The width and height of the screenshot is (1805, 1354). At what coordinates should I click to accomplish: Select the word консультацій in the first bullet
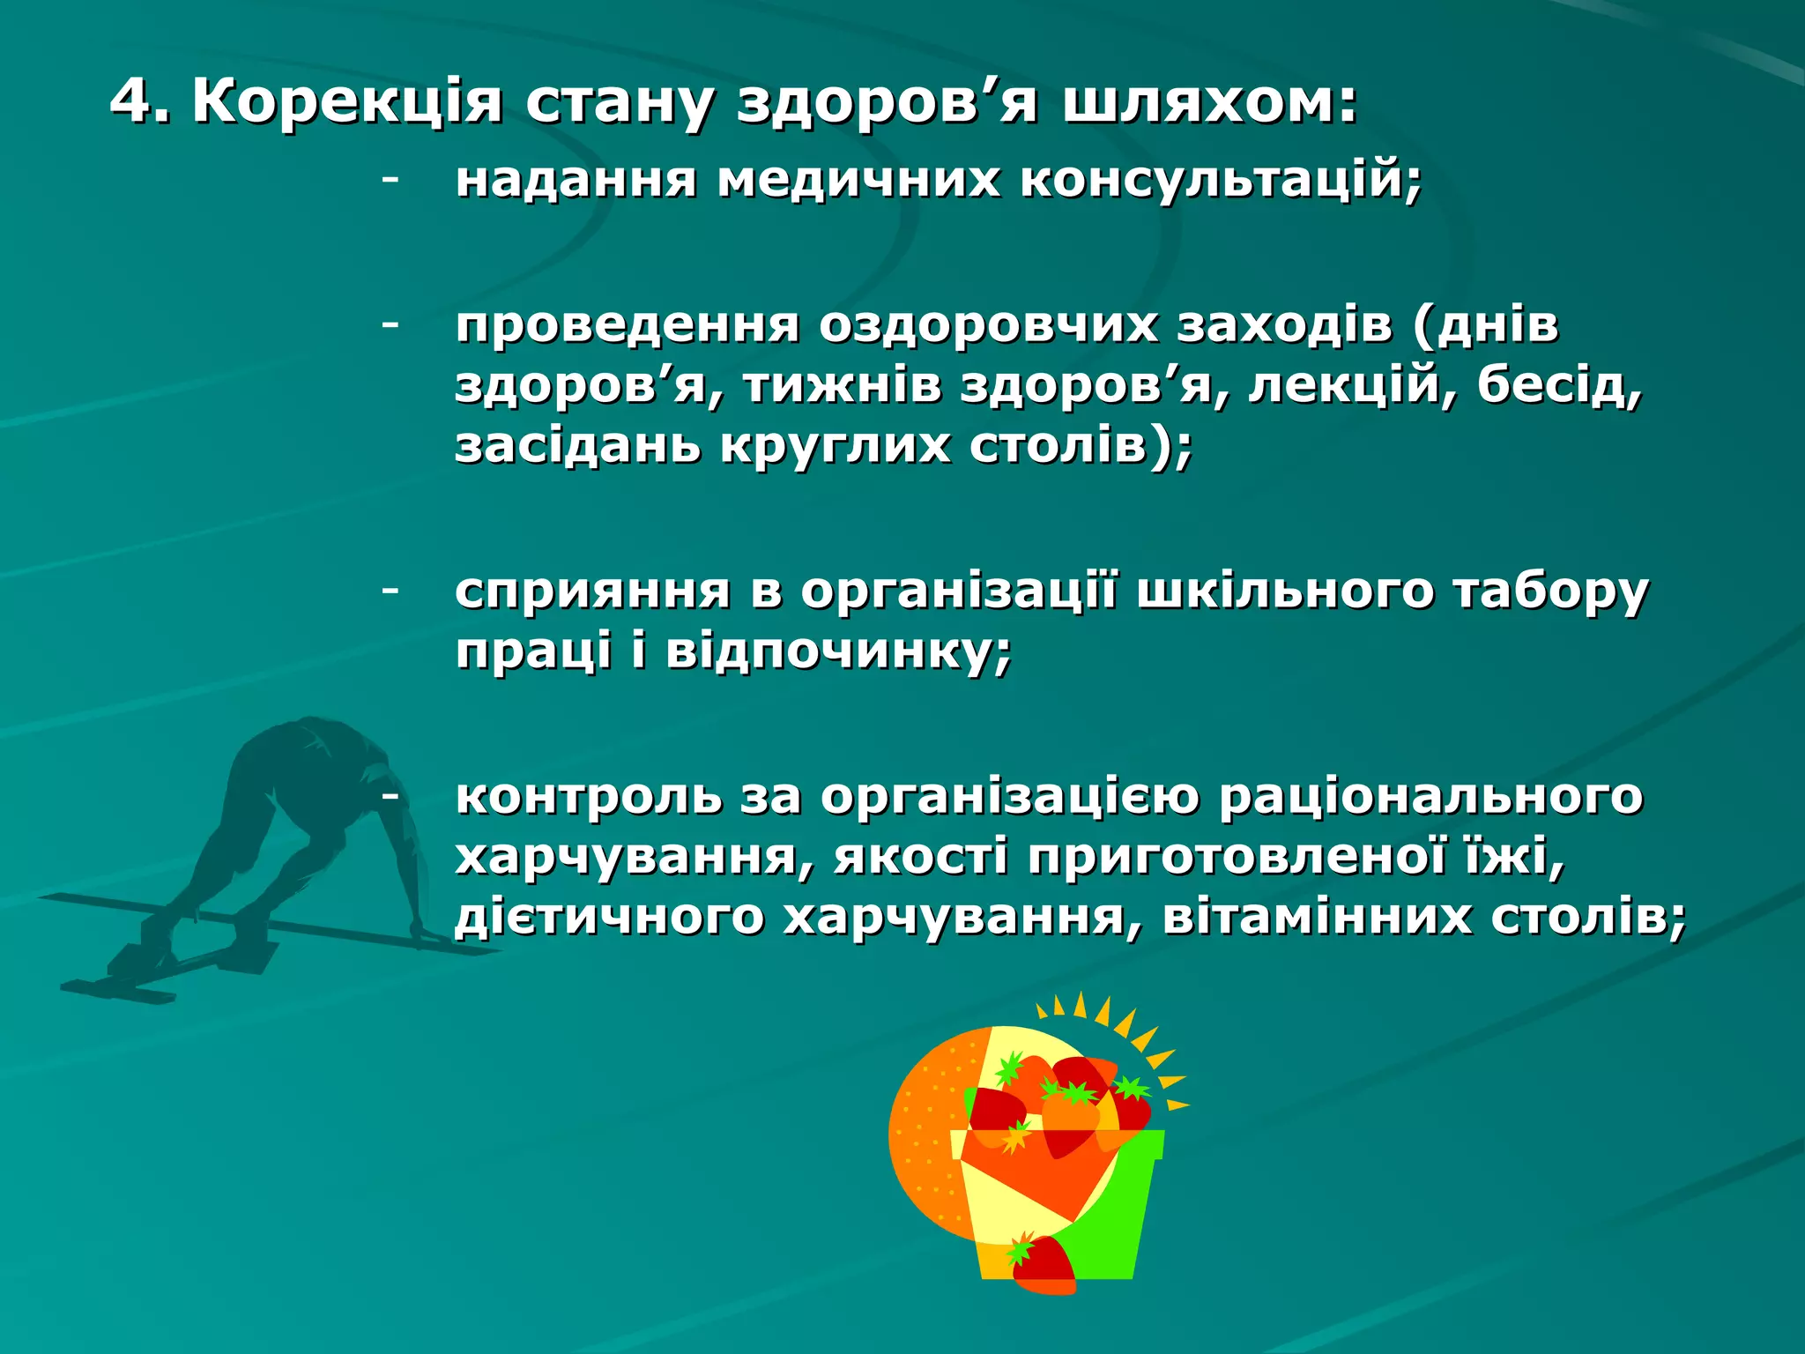[1221, 180]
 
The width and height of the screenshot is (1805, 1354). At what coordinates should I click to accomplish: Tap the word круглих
[836, 445]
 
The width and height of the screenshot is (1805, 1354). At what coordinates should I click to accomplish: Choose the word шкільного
[1285, 591]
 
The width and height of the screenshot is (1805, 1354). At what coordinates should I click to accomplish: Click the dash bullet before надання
[390, 180]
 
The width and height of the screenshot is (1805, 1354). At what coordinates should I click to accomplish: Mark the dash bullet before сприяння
[390, 590]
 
